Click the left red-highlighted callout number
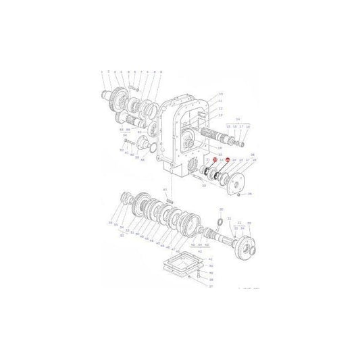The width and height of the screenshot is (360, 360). [214, 178]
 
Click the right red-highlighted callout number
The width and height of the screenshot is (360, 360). [228, 178]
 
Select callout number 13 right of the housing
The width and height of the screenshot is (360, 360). [220, 114]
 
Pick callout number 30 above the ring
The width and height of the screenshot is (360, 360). [220, 210]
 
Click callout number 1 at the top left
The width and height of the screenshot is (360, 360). [101, 71]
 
